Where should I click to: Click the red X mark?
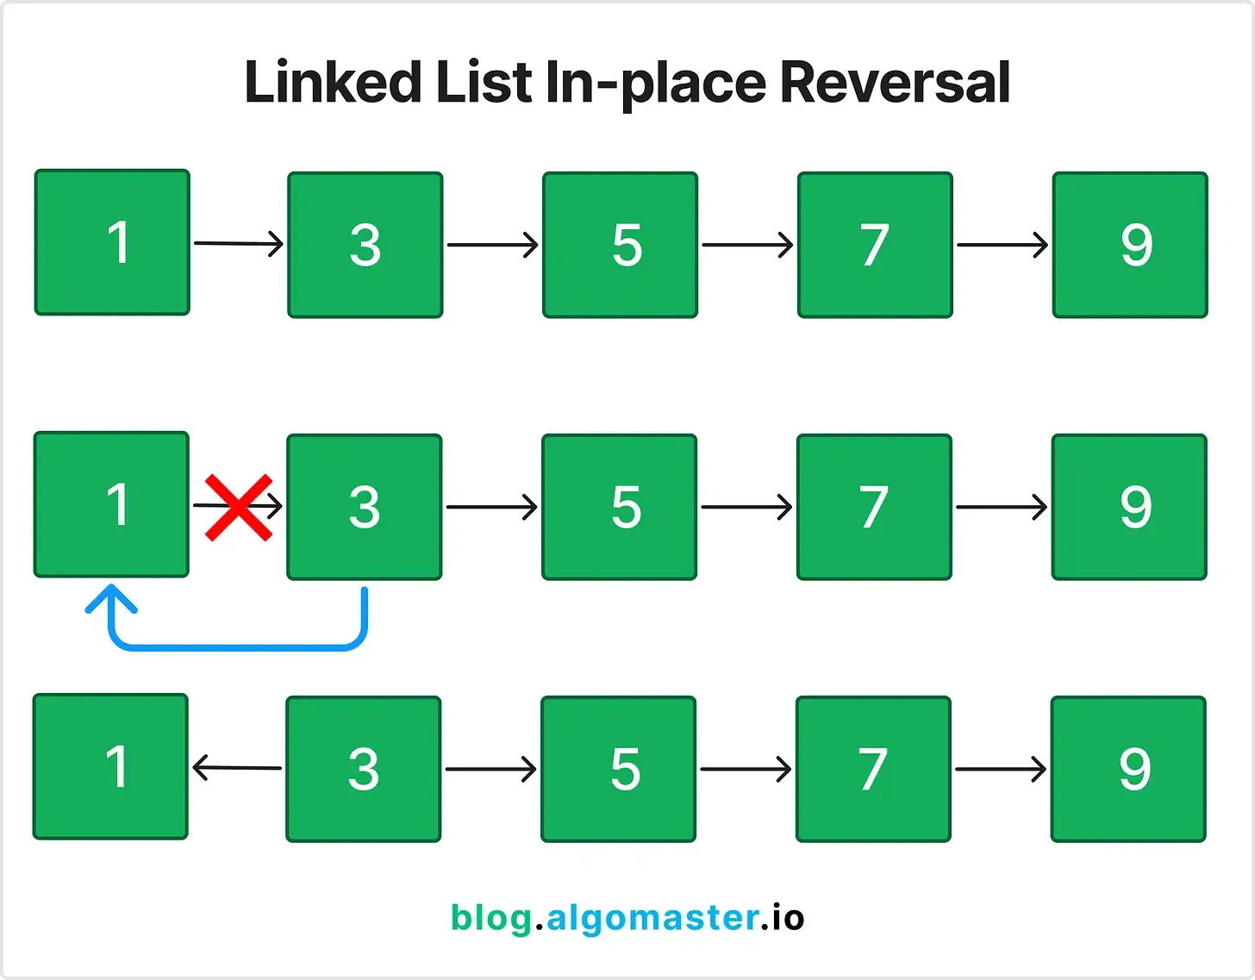[239, 508]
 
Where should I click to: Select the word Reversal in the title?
[895, 82]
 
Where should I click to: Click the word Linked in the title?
[333, 82]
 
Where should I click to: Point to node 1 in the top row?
[112, 242]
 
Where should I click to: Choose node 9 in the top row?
[1130, 245]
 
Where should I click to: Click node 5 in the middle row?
[619, 507]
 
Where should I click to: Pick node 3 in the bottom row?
[364, 769]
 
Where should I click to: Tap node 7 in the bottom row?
[873, 769]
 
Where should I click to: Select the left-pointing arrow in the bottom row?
[237, 768]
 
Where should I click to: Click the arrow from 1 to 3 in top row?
[239, 244]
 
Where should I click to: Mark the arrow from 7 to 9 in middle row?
[1002, 507]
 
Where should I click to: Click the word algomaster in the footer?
[653, 918]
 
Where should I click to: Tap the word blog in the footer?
[491, 918]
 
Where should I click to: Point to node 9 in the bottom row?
[1128, 769]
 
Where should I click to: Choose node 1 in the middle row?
[111, 505]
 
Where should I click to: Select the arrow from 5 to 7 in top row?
[747, 245]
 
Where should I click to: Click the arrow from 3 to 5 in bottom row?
[491, 769]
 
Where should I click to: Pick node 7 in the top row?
[875, 245]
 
